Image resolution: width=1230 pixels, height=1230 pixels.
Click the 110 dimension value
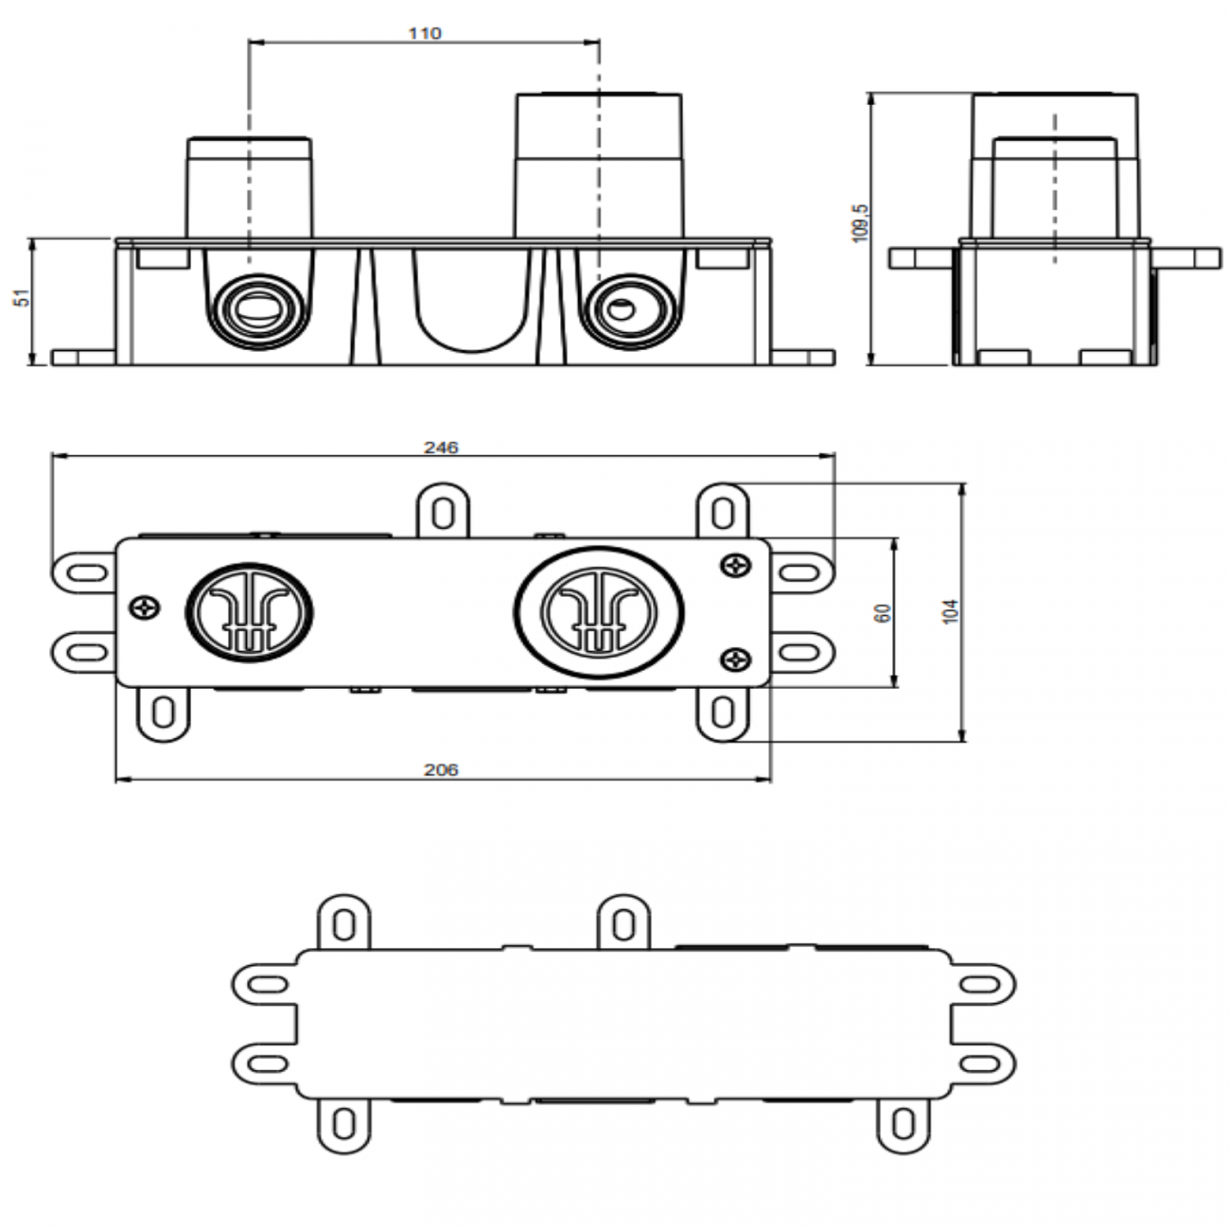tap(425, 33)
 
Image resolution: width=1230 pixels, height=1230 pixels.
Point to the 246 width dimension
tap(441, 447)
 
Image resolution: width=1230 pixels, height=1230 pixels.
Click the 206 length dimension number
tap(441, 770)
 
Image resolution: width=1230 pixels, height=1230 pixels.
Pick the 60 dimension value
tap(884, 613)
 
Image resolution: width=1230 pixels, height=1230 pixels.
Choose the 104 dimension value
tap(952, 611)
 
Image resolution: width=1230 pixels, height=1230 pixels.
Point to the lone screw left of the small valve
tap(145, 607)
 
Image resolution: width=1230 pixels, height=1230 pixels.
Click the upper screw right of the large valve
tap(735, 565)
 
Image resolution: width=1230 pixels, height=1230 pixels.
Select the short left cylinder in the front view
tap(249, 187)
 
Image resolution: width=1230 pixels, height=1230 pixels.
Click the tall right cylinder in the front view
tap(598, 163)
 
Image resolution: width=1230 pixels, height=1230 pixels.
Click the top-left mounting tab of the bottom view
tap(343, 922)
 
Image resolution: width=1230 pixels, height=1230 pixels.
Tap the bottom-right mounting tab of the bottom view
tap(905, 1124)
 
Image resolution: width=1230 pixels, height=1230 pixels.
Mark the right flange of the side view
tap(1186, 258)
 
